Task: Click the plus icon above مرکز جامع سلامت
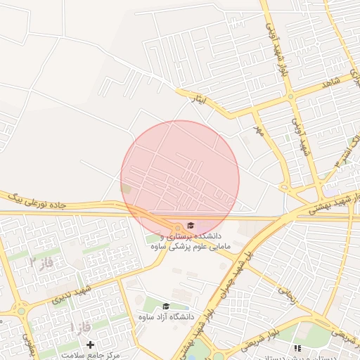coord(90,345)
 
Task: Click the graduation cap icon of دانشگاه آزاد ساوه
coord(166,306)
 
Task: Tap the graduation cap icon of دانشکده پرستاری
coord(191,224)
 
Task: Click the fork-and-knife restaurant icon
coord(298,348)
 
